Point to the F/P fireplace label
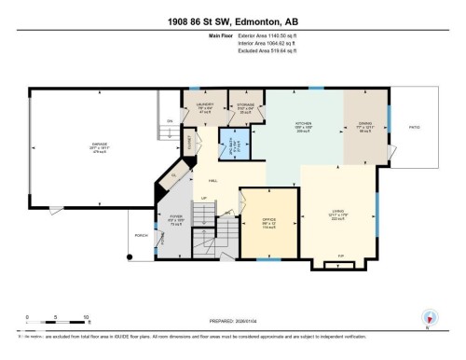337,255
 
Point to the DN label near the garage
170,121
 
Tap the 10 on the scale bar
86,318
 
